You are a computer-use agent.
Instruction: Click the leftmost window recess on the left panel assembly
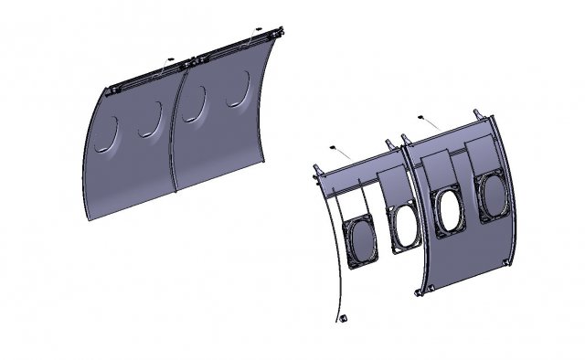coord(106,133)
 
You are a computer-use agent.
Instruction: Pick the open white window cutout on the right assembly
coord(448,210)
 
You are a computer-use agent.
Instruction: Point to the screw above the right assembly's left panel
coord(335,148)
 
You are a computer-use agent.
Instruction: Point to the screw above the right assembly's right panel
coord(421,118)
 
